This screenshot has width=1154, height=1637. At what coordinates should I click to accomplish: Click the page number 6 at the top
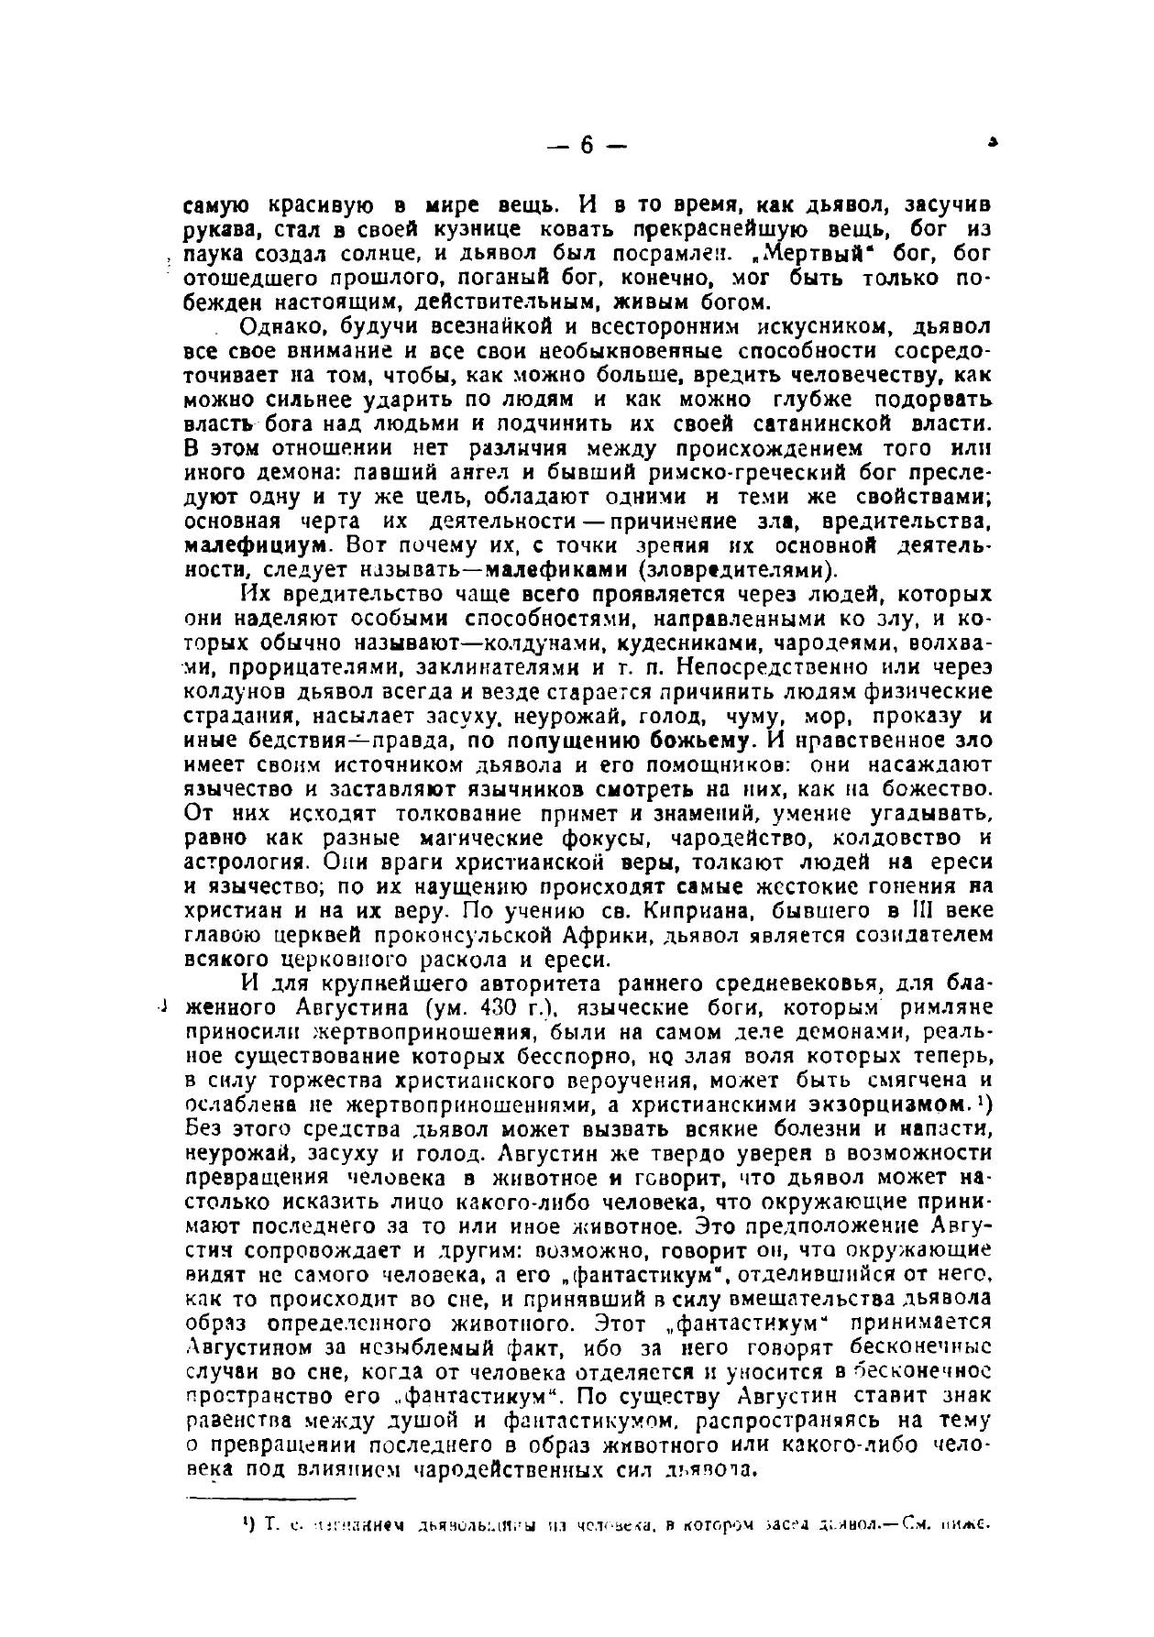587,147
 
